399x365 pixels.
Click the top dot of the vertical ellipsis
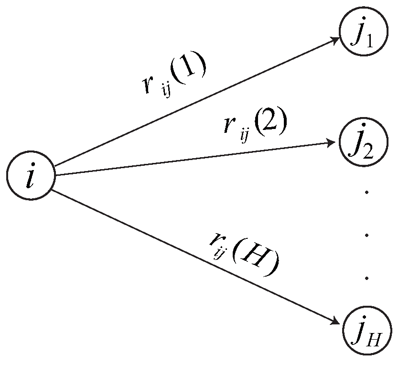click(x=367, y=192)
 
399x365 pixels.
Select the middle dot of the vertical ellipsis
click(x=367, y=235)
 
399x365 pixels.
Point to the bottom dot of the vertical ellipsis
click(x=367, y=278)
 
